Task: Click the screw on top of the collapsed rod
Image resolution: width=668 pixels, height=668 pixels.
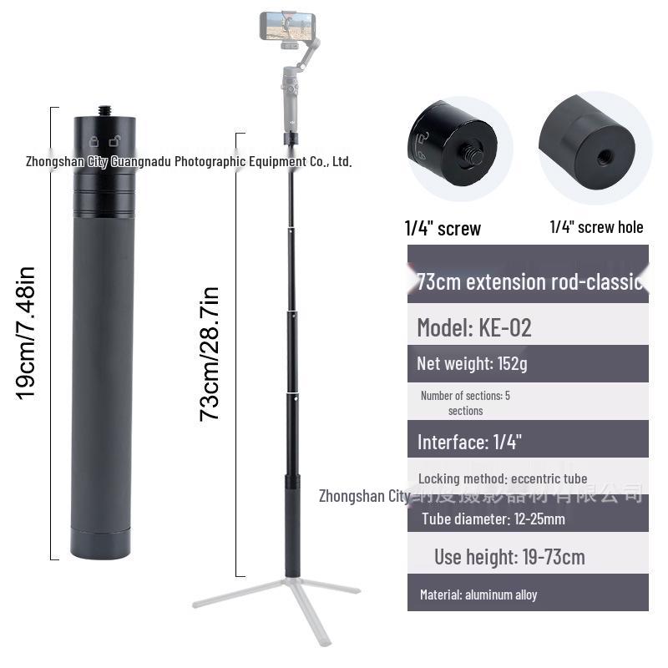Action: click(x=106, y=110)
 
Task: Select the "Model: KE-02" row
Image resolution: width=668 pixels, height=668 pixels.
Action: click(x=474, y=327)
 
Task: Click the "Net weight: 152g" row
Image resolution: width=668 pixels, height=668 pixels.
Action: click(x=472, y=363)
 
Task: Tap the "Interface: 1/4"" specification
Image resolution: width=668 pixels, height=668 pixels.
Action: click(x=469, y=442)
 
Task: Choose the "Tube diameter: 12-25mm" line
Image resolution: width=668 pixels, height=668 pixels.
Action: click(x=493, y=519)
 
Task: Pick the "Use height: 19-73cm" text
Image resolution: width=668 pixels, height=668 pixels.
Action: click(x=509, y=556)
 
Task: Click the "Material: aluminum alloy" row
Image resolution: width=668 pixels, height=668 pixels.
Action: click(x=478, y=595)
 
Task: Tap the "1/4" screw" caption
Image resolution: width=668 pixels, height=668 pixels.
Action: click(x=443, y=228)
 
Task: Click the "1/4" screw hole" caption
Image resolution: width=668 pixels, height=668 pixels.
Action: click(x=596, y=227)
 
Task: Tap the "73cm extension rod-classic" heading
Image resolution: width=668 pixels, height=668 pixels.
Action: click(x=529, y=281)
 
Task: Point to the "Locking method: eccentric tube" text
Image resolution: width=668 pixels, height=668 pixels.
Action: click(x=503, y=478)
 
